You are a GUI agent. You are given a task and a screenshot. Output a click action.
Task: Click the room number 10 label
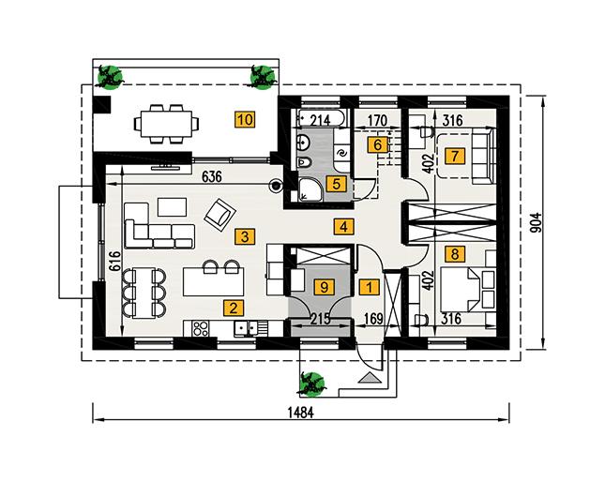click(245, 119)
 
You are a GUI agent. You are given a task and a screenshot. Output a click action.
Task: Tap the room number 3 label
click(243, 236)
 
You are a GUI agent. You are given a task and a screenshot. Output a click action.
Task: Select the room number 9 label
click(323, 287)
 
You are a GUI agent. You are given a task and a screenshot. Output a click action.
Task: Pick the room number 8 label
click(455, 253)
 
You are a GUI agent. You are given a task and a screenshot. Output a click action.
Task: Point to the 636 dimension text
click(212, 175)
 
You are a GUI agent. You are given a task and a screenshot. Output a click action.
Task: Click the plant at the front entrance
click(310, 382)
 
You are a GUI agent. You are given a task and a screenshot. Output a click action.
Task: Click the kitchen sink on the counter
click(247, 327)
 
